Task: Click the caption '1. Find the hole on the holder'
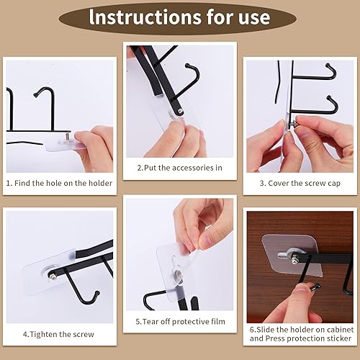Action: tap(60, 183)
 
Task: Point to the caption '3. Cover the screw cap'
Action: tap(300, 183)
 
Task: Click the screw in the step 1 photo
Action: tap(63, 134)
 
